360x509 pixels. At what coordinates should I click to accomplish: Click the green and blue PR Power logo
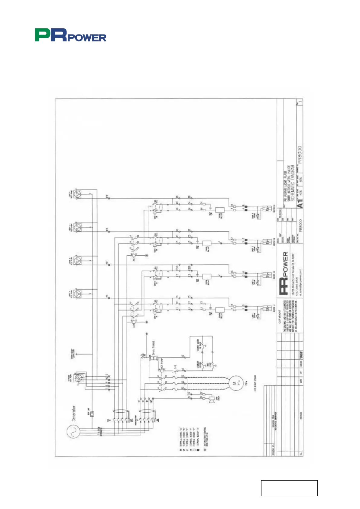pos(70,35)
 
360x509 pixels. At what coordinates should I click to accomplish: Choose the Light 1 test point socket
pos(78,294)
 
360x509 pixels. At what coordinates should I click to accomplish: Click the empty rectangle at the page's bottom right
pos(289,488)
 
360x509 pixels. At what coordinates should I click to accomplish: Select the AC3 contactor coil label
pos(134,259)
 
